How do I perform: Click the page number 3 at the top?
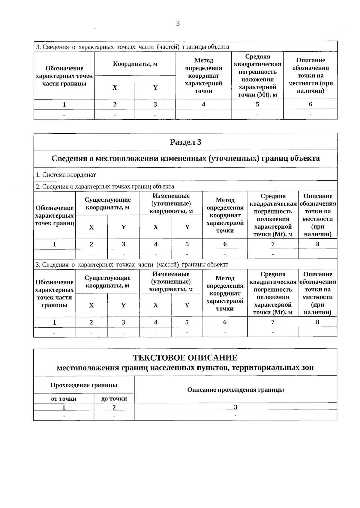178,24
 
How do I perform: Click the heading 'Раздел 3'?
185,142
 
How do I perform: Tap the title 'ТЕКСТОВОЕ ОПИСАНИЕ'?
185,358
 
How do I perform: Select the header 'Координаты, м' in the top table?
135,64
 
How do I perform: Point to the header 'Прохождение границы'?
84,385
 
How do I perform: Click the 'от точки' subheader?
64,399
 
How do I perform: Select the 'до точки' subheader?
114,399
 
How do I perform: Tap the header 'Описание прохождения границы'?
235,390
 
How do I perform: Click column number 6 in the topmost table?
310,104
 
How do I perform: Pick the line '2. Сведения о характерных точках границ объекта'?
105,186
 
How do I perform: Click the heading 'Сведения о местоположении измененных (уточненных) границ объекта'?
185,158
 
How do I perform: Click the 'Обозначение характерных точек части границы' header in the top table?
64,76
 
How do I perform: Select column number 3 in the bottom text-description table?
235,407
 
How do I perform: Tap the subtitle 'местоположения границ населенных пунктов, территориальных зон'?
185,368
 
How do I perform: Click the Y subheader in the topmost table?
155,88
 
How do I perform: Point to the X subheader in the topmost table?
115,88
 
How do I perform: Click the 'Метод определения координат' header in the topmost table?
203,76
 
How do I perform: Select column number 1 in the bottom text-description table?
64,407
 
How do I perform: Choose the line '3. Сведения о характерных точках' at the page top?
132,47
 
